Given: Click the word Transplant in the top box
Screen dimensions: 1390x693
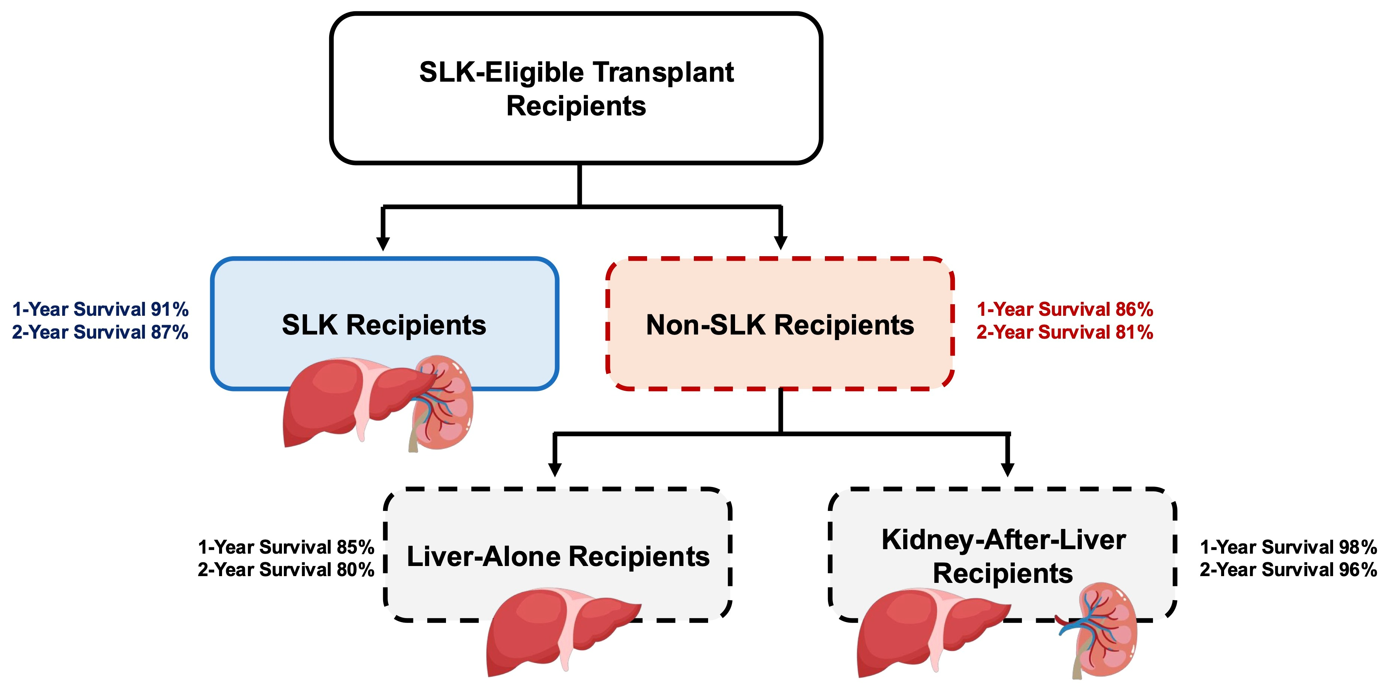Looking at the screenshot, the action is click(x=664, y=72).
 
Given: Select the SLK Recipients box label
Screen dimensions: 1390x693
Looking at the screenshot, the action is click(x=384, y=325).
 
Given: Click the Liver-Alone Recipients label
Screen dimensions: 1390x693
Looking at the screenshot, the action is click(x=558, y=556).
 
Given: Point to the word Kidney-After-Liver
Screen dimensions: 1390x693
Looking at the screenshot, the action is click(x=1004, y=540).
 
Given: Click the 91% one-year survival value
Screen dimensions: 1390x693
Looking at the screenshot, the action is click(x=169, y=309).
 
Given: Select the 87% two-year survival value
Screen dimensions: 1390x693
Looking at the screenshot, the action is click(x=169, y=332).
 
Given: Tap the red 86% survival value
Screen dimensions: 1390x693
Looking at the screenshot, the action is click(x=1134, y=309).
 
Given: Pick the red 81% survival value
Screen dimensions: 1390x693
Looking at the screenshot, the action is click(x=1134, y=332).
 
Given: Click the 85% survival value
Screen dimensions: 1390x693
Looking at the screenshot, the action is click(x=356, y=547).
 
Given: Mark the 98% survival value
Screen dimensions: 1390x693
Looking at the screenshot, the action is click(x=1358, y=547).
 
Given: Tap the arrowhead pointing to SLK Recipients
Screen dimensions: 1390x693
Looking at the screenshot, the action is click(x=383, y=243).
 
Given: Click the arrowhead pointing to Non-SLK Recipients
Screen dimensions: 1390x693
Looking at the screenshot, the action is click(x=781, y=243).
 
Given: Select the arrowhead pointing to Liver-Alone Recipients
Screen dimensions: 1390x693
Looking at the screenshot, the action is click(x=555, y=470).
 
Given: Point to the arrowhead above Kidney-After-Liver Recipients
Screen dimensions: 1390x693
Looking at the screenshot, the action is click(x=1007, y=470).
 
